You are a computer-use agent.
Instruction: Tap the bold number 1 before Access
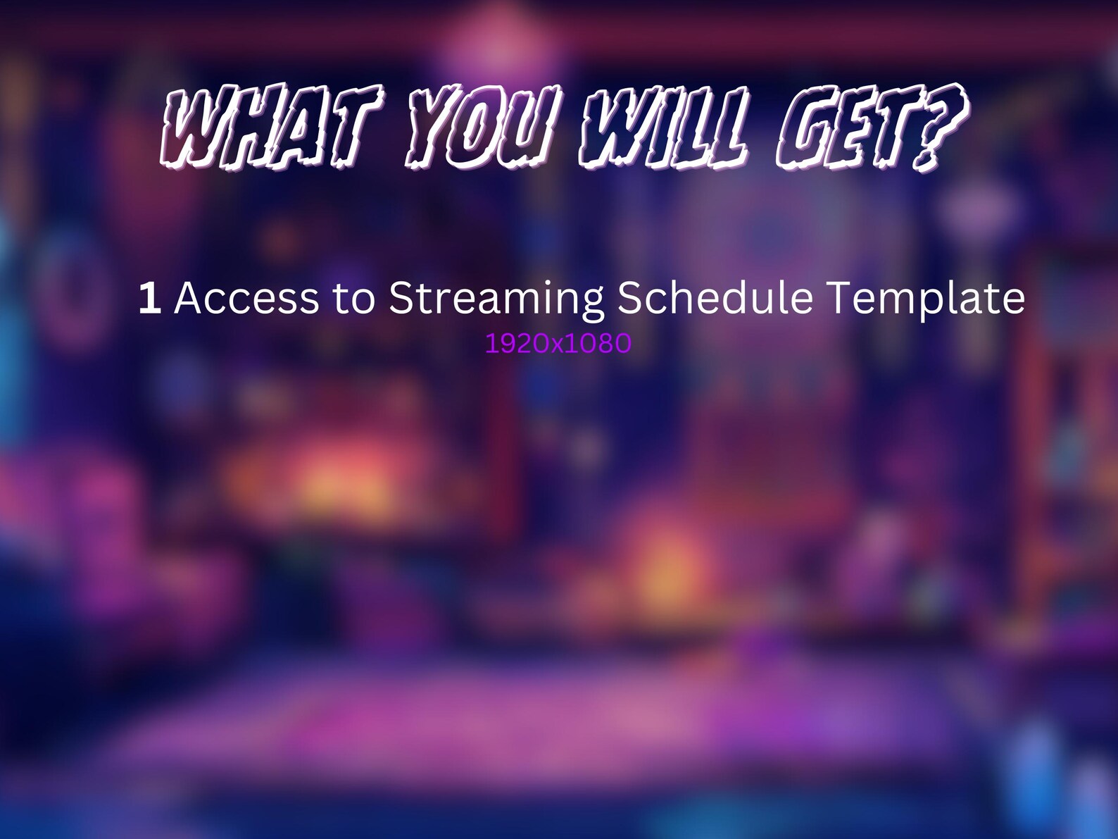150,298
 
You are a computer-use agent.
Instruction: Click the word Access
246,298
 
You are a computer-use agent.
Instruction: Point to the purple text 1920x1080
558,343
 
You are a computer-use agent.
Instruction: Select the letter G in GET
808,128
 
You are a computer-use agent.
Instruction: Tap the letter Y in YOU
436,128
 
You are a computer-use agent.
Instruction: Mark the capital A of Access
189,298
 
